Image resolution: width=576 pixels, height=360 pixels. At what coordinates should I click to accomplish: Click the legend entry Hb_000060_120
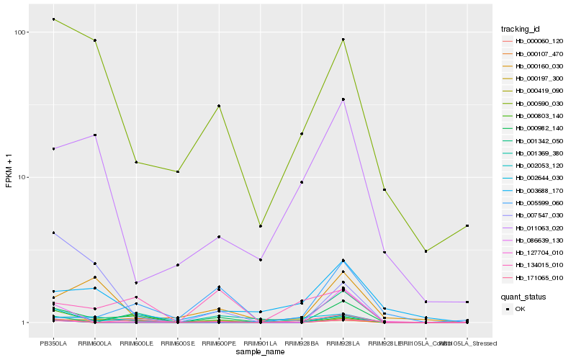click(533, 41)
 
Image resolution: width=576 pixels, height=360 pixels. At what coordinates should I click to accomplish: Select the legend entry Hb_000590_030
click(533, 103)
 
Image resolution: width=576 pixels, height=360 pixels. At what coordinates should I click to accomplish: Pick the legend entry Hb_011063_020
click(533, 228)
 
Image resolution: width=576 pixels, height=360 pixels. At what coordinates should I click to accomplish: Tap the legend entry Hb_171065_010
click(533, 277)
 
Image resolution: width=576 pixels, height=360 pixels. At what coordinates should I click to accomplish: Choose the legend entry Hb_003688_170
click(533, 190)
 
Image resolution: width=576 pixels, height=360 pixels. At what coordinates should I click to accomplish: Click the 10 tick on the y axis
click(22, 177)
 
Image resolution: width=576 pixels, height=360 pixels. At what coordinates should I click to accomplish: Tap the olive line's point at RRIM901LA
click(261, 226)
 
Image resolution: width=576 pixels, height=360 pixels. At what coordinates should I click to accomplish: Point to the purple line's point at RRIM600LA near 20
click(95, 135)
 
